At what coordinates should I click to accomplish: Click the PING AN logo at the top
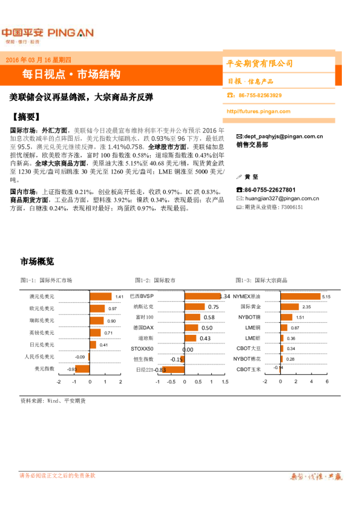(x=47, y=33)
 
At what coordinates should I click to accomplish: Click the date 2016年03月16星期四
(x=38, y=60)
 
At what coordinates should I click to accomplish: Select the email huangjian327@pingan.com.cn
(x=279, y=198)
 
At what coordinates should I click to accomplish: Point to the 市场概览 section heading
(x=38, y=262)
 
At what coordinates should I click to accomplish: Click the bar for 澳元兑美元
(x=100, y=297)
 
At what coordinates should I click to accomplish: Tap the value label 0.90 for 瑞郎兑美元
(x=111, y=321)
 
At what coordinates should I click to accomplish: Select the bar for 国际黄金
(x=290, y=307)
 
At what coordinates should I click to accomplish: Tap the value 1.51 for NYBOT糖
(x=299, y=318)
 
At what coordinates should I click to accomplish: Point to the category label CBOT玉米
(x=249, y=369)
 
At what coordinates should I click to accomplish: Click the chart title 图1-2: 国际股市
(x=156, y=280)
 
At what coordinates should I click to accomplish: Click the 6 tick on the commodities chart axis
(x=327, y=382)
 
